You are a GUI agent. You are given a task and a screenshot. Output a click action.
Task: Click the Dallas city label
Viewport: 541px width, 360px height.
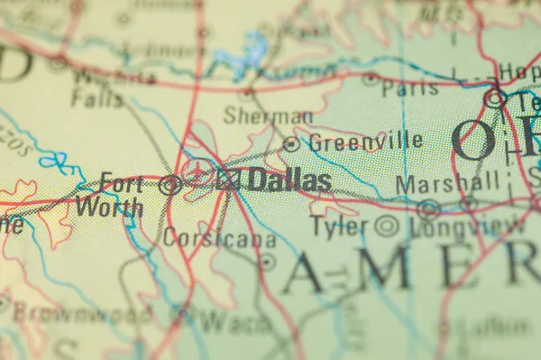pyautogui.click(x=289, y=180)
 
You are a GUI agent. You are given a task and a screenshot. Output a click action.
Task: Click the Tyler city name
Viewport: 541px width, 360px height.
pyautogui.click(x=339, y=226)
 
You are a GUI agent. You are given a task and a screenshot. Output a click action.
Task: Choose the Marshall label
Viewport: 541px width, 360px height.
pyautogui.click(x=447, y=183)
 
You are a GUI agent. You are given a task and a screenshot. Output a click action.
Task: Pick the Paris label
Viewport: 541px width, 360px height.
pyautogui.click(x=409, y=88)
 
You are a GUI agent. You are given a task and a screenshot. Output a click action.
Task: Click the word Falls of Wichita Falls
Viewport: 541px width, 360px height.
pyautogui.click(x=96, y=98)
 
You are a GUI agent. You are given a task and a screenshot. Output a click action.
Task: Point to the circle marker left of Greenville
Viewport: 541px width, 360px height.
pyautogui.click(x=291, y=143)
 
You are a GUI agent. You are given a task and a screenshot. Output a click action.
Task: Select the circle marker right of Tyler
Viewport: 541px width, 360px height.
pyautogui.click(x=387, y=226)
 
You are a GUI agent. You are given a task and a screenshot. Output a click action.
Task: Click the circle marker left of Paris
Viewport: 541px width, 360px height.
pyautogui.click(x=371, y=79)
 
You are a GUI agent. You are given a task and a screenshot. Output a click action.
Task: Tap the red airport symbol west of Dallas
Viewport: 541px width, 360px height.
pyautogui.click(x=198, y=172)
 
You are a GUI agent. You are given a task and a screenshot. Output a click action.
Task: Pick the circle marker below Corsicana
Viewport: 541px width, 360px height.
pyautogui.click(x=267, y=262)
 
